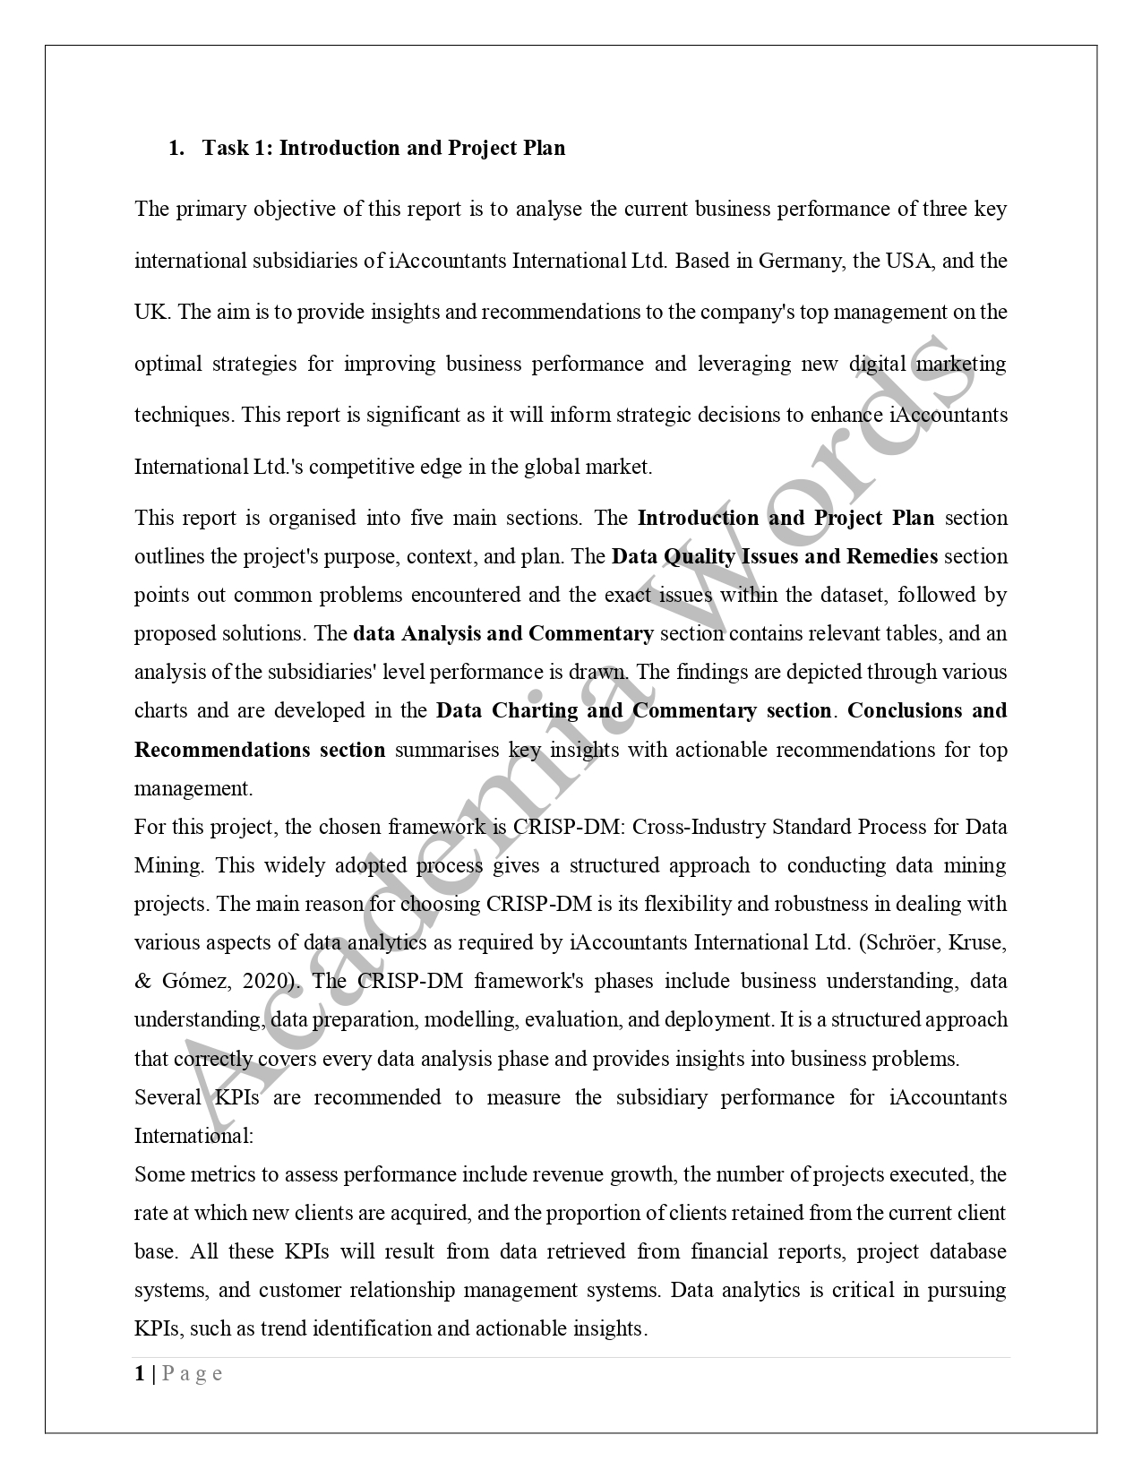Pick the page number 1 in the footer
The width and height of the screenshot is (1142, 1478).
(x=140, y=1373)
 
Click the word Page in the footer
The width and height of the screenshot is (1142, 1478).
(x=192, y=1373)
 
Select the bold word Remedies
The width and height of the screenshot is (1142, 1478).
(x=892, y=556)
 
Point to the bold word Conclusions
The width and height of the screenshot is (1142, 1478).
(x=903, y=710)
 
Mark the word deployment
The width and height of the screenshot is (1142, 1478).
(x=724, y=1019)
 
